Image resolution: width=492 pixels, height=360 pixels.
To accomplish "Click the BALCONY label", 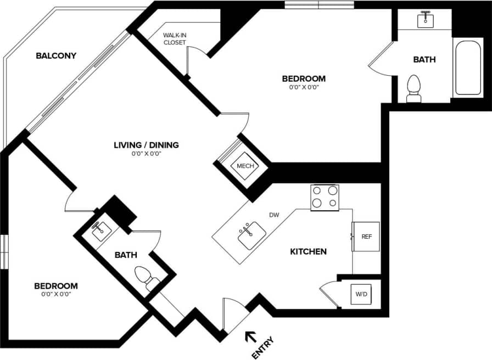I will [x=55, y=55].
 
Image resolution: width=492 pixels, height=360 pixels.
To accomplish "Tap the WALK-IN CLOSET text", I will [x=175, y=38].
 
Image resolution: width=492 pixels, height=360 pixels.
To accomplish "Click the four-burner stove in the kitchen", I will [x=325, y=197].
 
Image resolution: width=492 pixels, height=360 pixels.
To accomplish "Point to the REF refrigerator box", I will [x=366, y=237].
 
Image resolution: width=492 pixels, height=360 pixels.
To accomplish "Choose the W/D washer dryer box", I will [x=361, y=295].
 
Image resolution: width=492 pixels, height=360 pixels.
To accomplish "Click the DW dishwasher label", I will [x=274, y=215].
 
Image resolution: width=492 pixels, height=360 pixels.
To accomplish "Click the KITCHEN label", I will [x=308, y=252].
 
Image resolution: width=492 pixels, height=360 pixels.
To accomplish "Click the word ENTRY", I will [x=262, y=348].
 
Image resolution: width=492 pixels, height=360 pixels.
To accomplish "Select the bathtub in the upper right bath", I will [x=468, y=69].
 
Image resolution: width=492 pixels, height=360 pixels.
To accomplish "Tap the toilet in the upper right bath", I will [x=413, y=89].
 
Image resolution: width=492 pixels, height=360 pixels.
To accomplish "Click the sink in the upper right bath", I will [x=425, y=20].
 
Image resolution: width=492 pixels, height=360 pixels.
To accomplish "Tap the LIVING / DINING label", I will [x=146, y=145].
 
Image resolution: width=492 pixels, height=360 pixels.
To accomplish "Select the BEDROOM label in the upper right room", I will [x=303, y=78].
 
